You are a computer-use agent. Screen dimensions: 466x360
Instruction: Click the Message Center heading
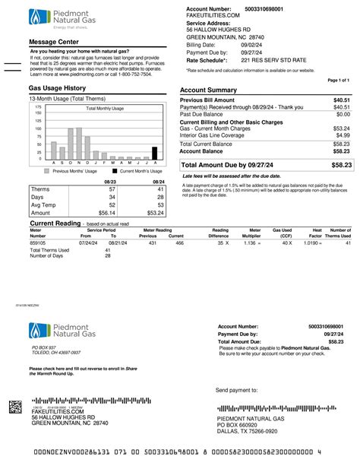point(54,41)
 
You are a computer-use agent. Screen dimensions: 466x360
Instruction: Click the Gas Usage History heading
point(57,88)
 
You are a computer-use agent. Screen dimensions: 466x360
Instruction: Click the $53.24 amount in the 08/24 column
point(154,214)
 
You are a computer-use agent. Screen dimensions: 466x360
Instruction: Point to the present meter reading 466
point(179,243)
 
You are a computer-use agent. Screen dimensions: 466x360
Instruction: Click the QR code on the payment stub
point(15,407)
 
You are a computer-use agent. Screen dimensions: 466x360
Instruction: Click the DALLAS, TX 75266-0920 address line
point(246,431)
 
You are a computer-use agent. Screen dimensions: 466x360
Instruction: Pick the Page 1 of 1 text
point(338,79)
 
